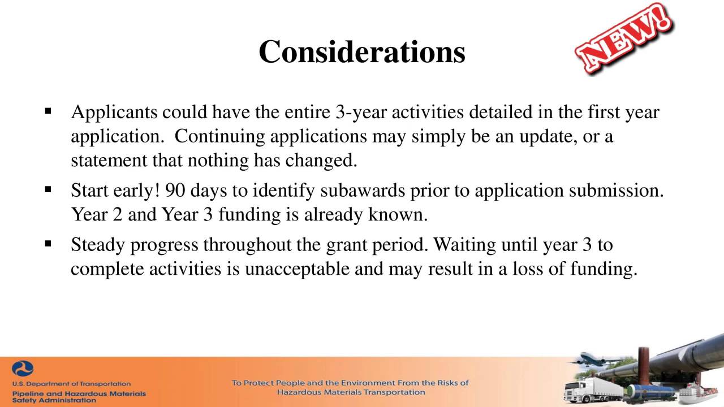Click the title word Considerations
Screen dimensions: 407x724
click(x=362, y=52)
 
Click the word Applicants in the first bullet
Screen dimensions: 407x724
click(x=114, y=112)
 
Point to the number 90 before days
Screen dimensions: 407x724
click(x=175, y=190)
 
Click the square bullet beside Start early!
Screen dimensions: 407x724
click(x=48, y=190)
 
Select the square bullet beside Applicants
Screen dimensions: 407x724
click(x=48, y=111)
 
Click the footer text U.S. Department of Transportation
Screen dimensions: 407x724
click(x=71, y=384)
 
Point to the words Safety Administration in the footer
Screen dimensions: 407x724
click(x=54, y=400)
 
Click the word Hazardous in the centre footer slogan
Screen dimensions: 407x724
click(x=298, y=392)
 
